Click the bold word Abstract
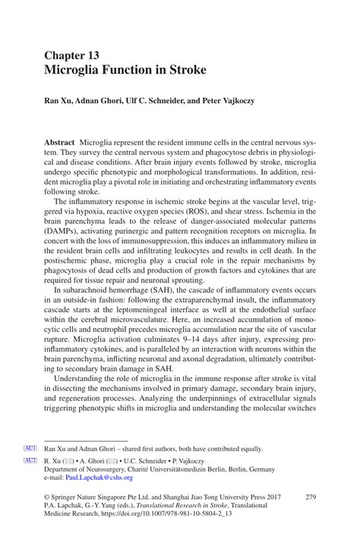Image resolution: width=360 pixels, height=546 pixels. tap(59, 143)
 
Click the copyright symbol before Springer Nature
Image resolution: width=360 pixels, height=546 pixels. tap(48, 497)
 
